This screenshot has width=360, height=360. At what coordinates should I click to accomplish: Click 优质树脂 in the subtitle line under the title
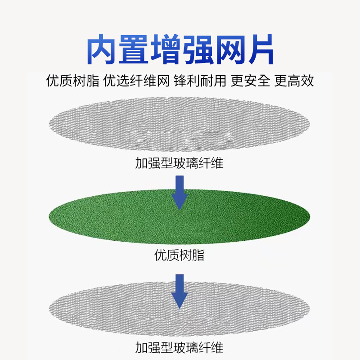tap(72, 81)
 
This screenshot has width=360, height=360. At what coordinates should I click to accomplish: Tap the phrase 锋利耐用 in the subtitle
tap(198, 81)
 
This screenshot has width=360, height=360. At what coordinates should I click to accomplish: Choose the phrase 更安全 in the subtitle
tap(250, 81)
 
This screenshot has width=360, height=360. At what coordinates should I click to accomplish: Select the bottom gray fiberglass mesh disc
tap(112, 306)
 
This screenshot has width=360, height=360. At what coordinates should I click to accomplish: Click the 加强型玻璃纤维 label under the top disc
tap(179, 162)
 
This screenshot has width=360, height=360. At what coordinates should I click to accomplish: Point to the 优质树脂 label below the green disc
tap(179, 256)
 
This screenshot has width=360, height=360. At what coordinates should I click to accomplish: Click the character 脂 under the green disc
tap(198, 256)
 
